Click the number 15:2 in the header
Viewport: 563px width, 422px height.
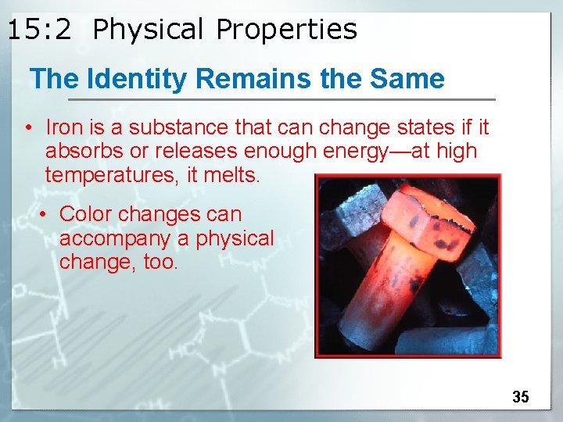click(39, 30)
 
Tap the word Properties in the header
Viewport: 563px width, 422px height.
click(286, 30)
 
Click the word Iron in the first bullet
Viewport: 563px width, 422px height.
click(62, 127)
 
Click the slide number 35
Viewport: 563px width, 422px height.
click(521, 397)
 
